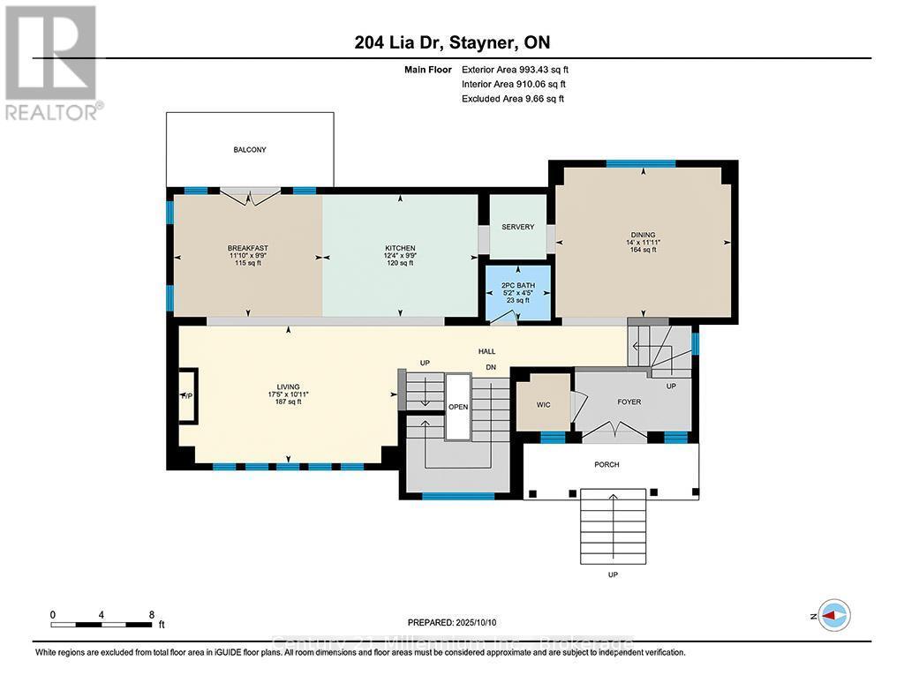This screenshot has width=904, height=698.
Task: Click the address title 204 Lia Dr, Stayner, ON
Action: click(x=453, y=43)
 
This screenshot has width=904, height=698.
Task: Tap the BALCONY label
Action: click(x=250, y=150)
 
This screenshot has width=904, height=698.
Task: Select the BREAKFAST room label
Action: click(x=247, y=248)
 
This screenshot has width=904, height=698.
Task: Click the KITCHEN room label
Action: click(x=400, y=248)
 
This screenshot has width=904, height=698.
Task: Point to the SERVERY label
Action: click(x=517, y=227)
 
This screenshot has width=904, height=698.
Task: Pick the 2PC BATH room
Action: click(x=517, y=292)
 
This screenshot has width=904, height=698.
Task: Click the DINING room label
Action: click(x=643, y=235)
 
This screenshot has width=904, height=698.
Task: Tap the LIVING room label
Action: click(x=288, y=387)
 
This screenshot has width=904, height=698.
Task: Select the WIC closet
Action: click(x=543, y=404)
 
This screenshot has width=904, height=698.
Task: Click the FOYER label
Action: click(x=629, y=402)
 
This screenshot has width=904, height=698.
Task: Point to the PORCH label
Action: click(x=606, y=464)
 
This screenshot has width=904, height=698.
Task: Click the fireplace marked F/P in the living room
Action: click(x=186, y=396)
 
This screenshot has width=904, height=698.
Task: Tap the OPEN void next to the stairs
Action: click(x=458, y=408)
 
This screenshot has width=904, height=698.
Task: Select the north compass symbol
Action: click(x=834, y=616)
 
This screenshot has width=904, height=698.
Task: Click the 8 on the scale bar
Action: click(x=152, y=614)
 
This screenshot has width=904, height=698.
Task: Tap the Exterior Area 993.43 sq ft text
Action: click(x=521, y=69)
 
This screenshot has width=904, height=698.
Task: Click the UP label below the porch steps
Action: click(x=612, y=574)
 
